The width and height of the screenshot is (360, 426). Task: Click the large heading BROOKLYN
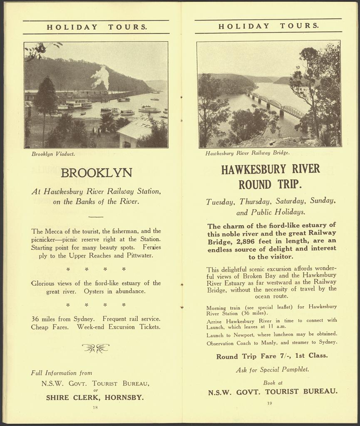click(x=96, y=173)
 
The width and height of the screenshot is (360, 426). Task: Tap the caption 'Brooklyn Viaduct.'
click(x=53, y=154)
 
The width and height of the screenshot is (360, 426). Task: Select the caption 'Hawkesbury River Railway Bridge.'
click(x=247, y=153)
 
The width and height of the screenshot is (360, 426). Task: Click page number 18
click(x=95, y=407)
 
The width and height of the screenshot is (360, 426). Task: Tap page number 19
click(x=269, y=403)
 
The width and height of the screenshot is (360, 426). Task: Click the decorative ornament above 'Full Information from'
click(x=95, y=348)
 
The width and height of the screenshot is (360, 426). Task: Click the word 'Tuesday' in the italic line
click(x=219, y=202)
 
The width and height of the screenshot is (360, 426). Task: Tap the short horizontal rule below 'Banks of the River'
click(x=96, y=217)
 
